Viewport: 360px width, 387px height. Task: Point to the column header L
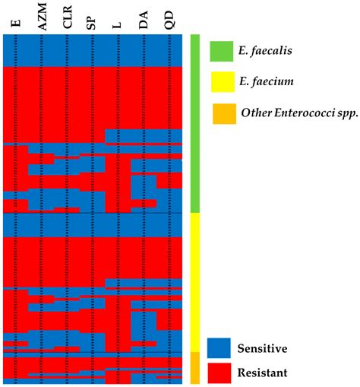pyautogui.click(x=117, y=24)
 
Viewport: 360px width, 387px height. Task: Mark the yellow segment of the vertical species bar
pyautogui.click(x=194, y=281)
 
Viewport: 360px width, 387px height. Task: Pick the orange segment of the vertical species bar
pyautogui.click(x=194, y=366)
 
